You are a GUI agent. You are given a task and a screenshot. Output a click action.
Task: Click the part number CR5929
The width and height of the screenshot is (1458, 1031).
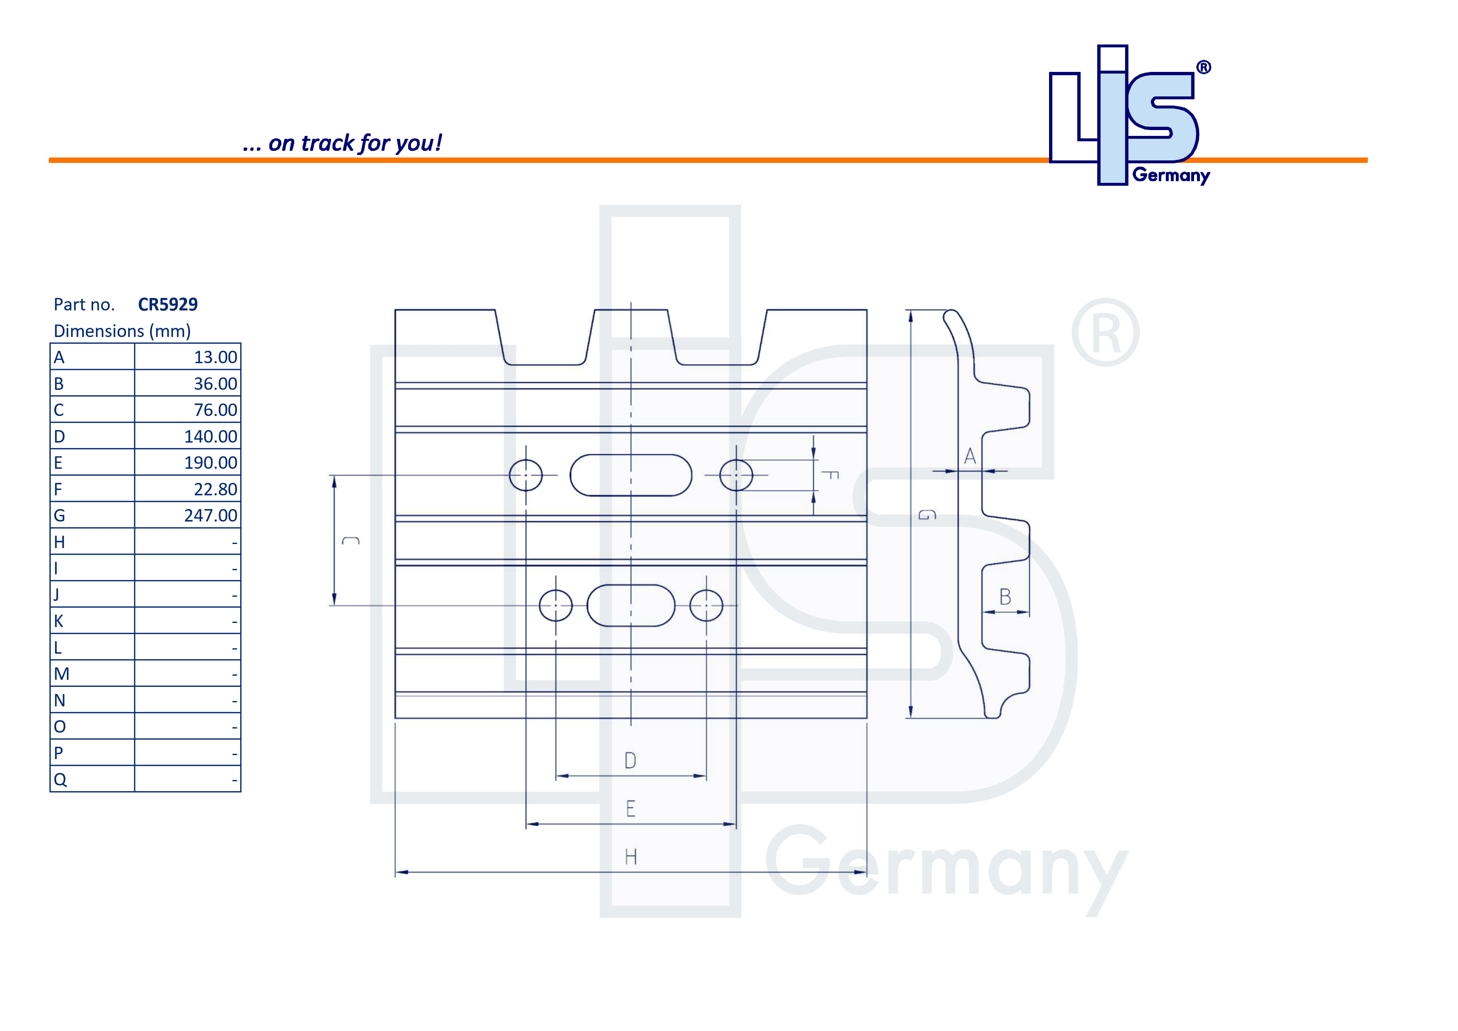coord(167,305)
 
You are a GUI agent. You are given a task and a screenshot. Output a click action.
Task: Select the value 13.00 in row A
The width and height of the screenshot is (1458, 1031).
coord(215,357)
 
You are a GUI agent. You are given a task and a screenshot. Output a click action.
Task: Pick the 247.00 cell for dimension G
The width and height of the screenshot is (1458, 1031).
coord(210,515)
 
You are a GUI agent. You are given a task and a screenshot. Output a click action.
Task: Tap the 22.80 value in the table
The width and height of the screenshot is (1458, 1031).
coord(215,490)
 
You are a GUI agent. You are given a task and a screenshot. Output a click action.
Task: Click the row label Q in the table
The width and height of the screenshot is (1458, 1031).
coord(60,780)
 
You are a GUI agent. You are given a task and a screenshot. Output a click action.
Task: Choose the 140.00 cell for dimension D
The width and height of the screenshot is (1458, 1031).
coord(210,437)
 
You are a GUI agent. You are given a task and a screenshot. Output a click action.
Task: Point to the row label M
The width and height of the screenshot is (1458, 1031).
coord(62,674)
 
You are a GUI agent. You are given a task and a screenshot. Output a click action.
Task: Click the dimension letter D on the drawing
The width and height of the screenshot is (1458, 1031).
coord(630,760)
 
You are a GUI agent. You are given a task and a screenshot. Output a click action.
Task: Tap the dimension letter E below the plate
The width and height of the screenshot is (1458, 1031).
coord(630,809)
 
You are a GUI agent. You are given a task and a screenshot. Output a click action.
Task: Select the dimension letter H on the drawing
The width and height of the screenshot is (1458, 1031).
coord(630,857)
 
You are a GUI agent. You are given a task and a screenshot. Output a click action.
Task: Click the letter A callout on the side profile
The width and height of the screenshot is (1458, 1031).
coord(970,456)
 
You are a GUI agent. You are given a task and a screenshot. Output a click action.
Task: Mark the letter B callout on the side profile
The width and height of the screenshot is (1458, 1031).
coord(1005,597)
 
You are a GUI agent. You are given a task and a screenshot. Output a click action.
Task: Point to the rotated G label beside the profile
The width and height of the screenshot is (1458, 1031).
coord(927,515)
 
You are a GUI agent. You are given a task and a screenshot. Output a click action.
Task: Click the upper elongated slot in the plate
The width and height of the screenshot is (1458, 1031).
coord(630,475)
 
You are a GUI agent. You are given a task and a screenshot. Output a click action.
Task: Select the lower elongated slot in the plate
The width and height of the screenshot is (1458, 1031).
coord(630,605)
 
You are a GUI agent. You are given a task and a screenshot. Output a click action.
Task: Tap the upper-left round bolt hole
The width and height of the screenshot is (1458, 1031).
coord(526,475)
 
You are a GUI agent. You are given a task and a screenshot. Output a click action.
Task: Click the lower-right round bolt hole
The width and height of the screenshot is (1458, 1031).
coord(706,605)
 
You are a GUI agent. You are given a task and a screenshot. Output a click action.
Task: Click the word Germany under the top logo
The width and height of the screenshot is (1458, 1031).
coord(1171,176)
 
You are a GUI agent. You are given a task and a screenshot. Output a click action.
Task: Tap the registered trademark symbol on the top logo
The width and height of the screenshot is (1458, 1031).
coord(1203,67)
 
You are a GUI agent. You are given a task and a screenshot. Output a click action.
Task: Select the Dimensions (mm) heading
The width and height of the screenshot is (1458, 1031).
coord(122,331)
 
